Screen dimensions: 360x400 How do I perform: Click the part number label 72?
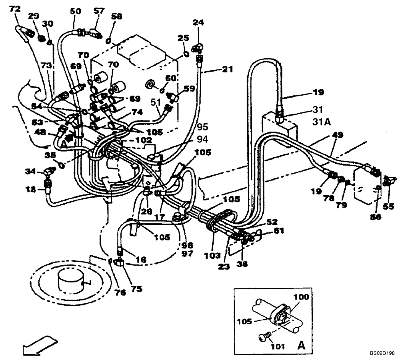[14, 8]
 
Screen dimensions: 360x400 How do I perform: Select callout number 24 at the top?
[198, 22]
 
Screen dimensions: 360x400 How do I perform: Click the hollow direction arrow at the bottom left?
[38, 344]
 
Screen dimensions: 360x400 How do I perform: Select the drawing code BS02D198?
[382, 353]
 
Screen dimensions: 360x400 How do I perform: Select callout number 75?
[137, 288]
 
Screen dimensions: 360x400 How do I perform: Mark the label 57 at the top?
[98, 11]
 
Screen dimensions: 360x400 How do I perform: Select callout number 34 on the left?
[30, 172]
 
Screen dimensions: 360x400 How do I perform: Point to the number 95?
[203, 127]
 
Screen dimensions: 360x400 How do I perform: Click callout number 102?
[143, 140]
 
